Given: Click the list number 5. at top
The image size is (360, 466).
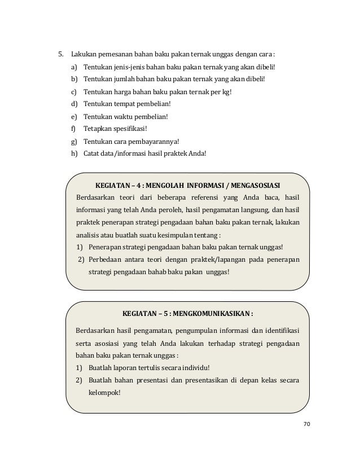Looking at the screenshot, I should pyautogui.click(x=56, y=55).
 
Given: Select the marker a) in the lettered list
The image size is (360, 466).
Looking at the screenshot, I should pyautogui.click(x=74, y=68).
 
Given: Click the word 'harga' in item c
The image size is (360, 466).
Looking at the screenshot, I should pyautogui.click(x=123, y=92).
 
